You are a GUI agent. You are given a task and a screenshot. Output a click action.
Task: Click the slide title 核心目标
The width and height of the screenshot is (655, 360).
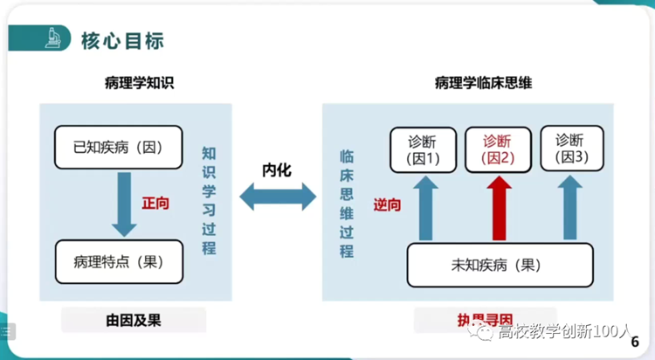(122, 40)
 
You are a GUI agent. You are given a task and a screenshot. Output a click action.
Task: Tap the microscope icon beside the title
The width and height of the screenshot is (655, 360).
(52, 38)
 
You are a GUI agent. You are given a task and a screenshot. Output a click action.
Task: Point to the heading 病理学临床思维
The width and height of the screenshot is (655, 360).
(483, 84)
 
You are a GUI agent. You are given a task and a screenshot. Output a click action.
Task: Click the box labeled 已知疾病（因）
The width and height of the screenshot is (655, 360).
(119, 146)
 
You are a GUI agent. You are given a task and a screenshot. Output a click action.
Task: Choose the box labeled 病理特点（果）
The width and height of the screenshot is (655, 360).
(119, 261)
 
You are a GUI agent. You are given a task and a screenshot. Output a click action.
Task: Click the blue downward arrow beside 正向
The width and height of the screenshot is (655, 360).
(124, 203)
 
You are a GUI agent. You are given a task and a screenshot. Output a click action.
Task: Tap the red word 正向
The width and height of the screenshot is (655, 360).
(155, 203)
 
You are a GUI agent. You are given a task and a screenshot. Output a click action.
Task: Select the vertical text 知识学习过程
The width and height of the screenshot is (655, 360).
(209, 200)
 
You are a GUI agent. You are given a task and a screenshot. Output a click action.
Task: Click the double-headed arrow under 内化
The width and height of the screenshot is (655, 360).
(278, 197)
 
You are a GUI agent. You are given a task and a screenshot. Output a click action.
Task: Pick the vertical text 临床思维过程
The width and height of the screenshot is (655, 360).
(347, 203)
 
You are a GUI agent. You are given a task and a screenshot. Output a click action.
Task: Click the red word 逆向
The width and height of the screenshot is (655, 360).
(387, 204)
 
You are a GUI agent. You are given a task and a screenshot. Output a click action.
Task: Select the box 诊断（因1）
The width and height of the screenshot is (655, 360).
(423, 149)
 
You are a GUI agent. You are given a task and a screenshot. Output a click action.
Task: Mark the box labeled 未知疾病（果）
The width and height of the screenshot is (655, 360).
(500, 265)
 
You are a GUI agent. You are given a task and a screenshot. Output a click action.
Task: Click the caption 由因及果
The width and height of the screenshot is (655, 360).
(133, 320)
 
